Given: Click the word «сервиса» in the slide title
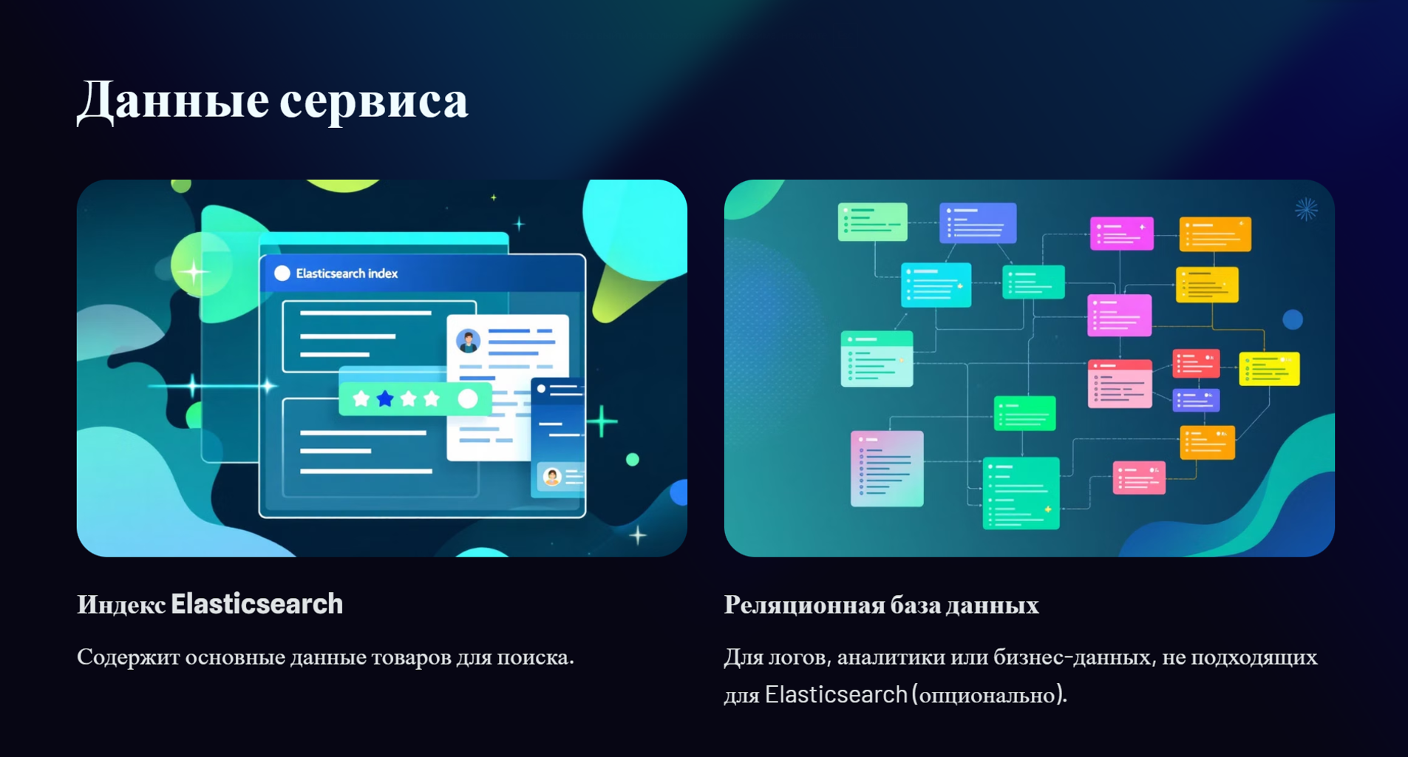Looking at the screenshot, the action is (373, 101).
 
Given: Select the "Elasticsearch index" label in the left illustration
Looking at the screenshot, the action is (347, 274).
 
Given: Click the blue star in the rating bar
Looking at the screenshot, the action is (385, 399).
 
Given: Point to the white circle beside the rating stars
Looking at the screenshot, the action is (468, 399).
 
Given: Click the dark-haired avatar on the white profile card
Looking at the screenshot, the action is (468, 341).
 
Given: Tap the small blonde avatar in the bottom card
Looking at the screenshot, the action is (551, 477).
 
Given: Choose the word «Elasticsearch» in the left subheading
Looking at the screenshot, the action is (256, 604).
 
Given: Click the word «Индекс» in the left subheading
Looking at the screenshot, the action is (121, 605).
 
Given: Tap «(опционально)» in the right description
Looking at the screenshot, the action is (990, 695).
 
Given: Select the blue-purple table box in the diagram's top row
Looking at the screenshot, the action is (978, 223).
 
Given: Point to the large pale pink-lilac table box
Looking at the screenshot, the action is (887, 469).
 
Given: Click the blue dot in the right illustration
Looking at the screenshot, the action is (1293, 319).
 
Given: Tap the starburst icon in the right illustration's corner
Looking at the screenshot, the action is (1306, 209).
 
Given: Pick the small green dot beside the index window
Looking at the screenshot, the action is (633, 460).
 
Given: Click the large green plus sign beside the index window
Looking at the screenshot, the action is (603, 421).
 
